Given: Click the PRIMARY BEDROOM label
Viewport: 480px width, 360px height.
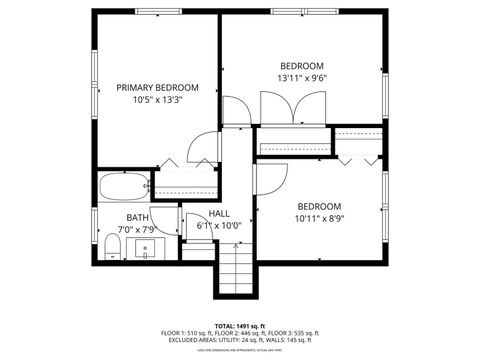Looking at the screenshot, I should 155,87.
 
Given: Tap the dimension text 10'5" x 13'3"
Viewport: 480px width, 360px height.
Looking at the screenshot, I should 155,99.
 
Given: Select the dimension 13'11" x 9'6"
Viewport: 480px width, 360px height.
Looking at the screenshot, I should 301,78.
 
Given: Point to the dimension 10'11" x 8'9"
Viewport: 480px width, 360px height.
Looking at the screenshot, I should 319,218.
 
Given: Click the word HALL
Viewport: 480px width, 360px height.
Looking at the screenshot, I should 219,213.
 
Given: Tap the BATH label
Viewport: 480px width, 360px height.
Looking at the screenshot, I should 137,217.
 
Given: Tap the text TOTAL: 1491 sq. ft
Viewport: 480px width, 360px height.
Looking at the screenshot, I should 239,326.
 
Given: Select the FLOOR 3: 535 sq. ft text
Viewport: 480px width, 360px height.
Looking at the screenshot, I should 293,333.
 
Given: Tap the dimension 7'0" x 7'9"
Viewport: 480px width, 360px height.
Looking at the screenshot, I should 137,230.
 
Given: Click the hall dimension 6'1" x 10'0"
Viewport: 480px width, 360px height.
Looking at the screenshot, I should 219,225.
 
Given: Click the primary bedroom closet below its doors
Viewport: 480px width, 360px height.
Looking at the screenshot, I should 184,184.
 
